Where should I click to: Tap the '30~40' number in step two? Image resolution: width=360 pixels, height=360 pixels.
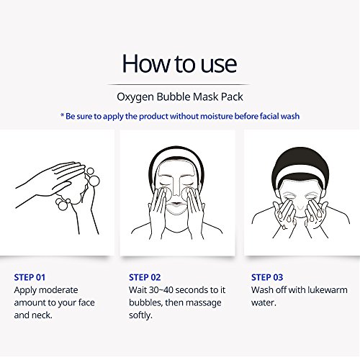pos(166,289)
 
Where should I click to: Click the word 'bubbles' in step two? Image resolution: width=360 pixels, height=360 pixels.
pos(147,302)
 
